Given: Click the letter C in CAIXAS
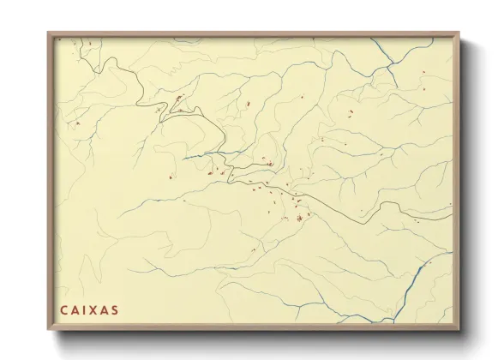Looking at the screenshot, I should pyautogui.click(x=64, y=309).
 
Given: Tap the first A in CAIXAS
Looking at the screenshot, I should pyautogui.click(x=75, y=309).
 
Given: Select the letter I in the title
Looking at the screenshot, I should pyautogui.click(x=85, y=309).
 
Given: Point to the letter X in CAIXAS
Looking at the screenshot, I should pyautogui.click(x=93, y=309).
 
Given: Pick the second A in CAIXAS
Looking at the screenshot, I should pyautogui.click(x=105, y=309).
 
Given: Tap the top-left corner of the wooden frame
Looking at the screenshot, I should pyautogui.click(x=49, y=33).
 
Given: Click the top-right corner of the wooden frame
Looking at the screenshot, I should pyautogui.click(x=459, y=33).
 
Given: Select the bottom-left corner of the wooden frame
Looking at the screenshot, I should pyautogui.click(x=49, y=330).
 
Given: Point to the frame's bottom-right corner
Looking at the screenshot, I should pyautogui.click(x=459, y=330).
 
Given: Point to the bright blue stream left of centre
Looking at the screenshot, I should pyautogui.click(x=206, y=155).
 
